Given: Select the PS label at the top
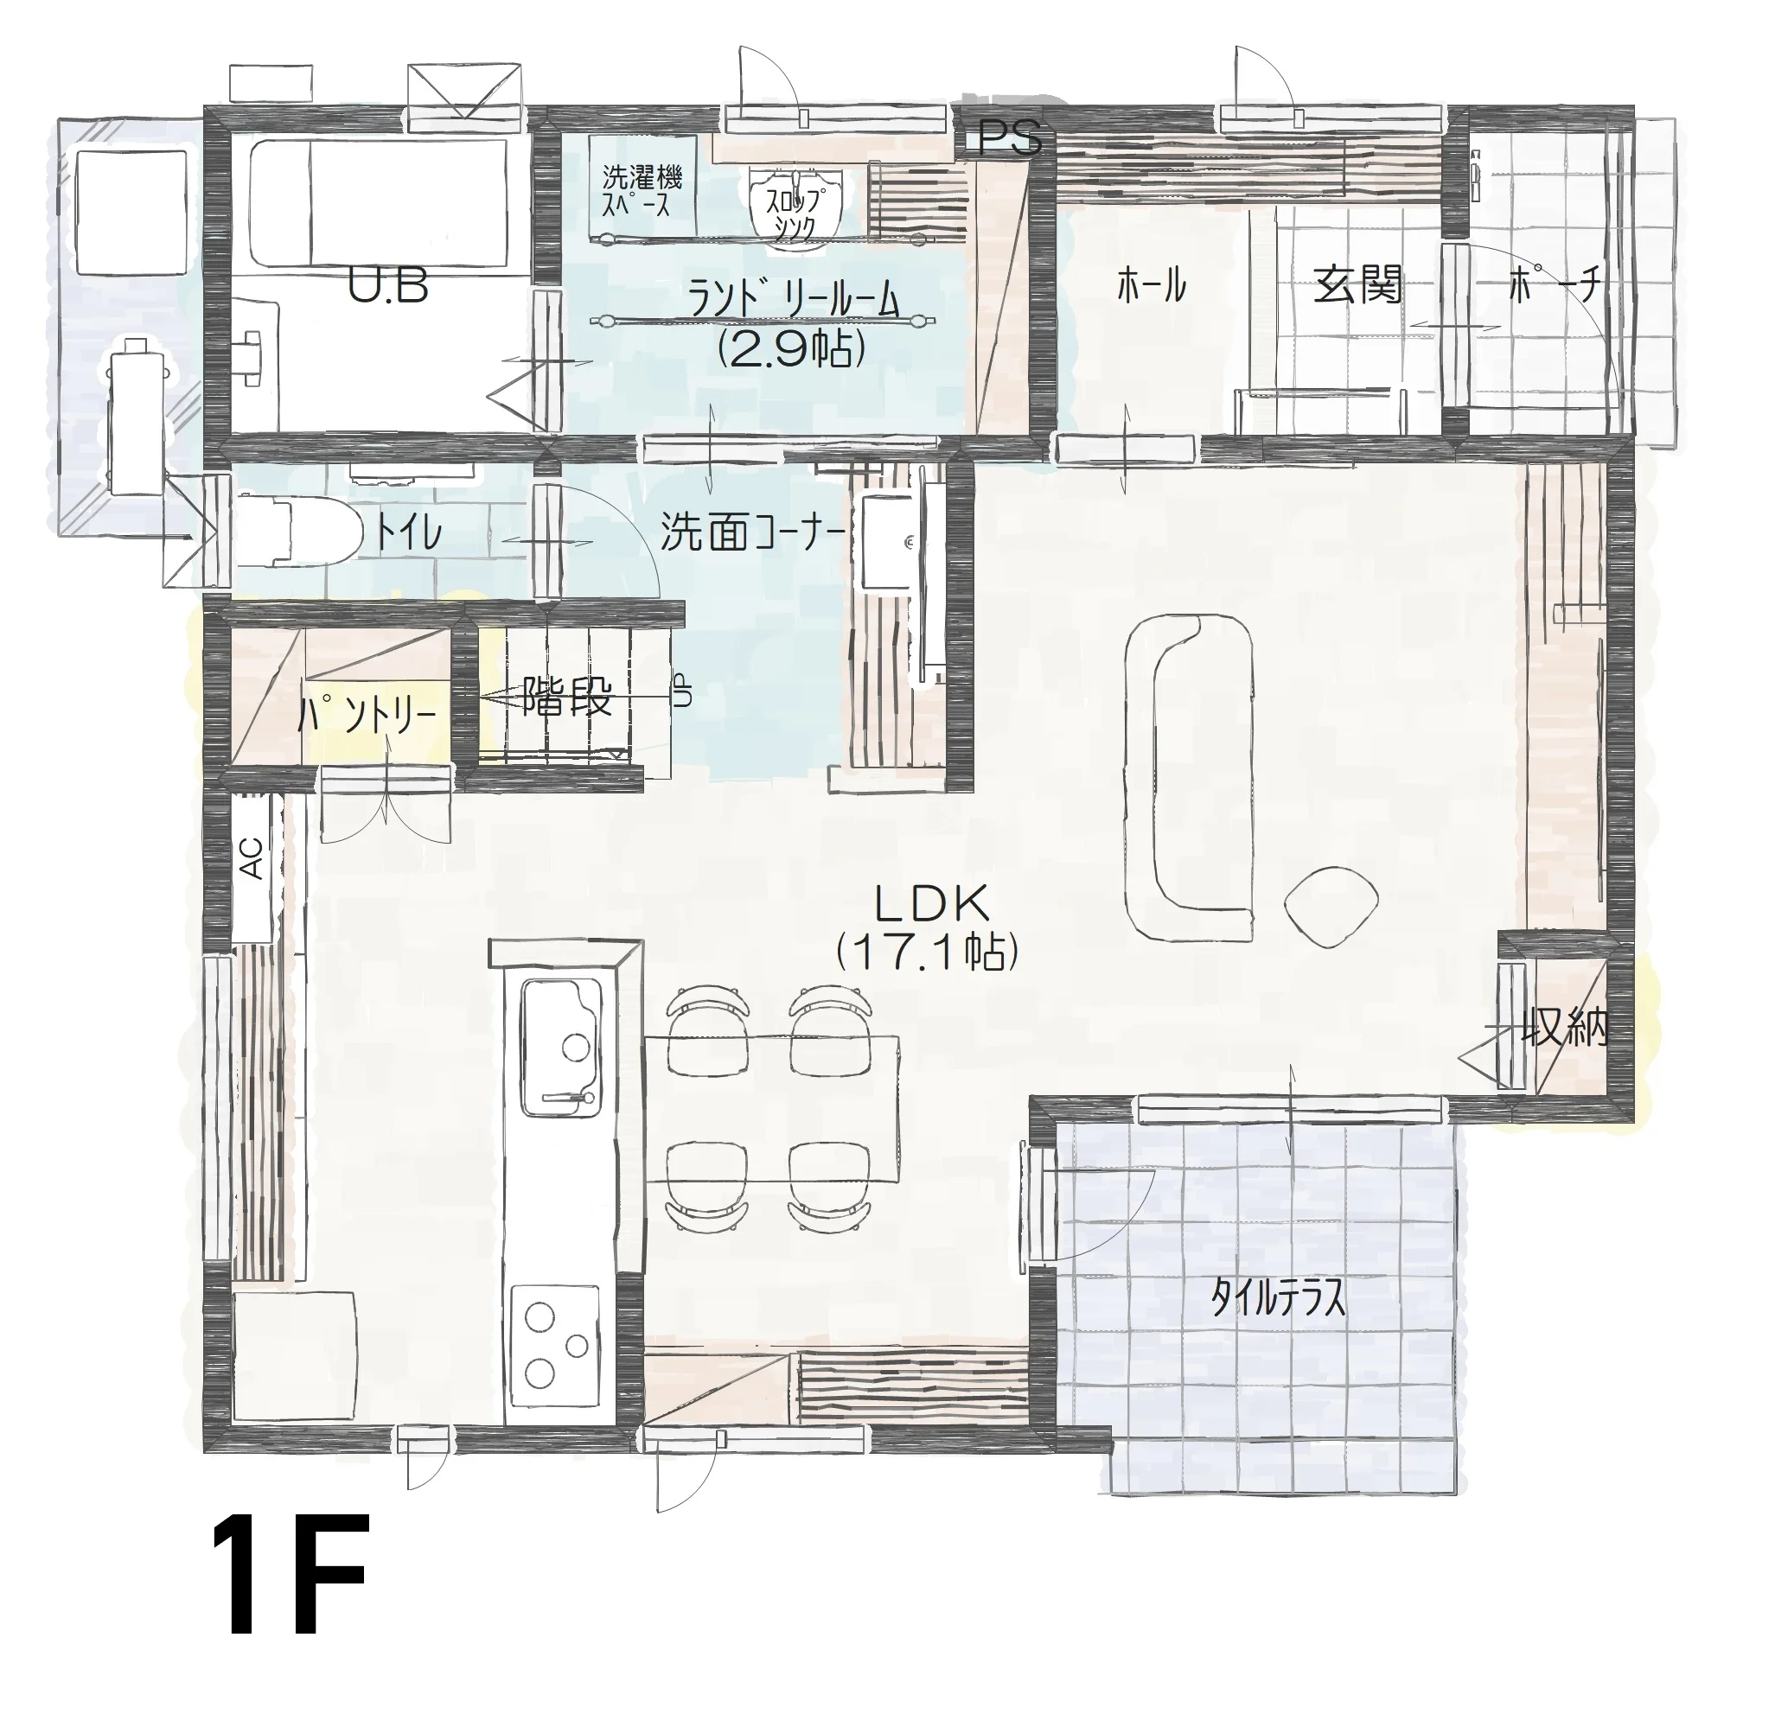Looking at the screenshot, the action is click(1009, 139).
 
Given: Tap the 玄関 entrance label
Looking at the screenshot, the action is click(1357, 286).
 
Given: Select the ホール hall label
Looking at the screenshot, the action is click(1152, 286).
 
